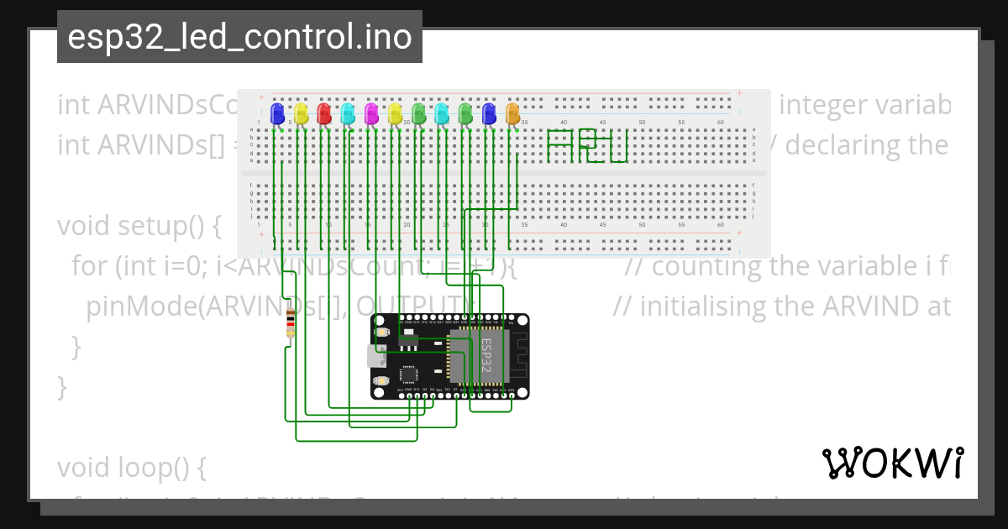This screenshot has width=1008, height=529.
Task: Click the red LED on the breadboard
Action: tap(324, 113)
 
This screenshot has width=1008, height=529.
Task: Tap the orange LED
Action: tap(513, 113)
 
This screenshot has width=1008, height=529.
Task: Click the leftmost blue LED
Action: tap(277, 113)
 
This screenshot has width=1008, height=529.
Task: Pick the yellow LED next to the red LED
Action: tap(302, 113)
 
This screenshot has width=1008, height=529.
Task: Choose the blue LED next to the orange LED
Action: tap(490, 113)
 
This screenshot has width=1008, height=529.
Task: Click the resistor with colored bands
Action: tap(291, 322)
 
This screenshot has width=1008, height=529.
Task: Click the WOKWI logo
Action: tap(892, 463)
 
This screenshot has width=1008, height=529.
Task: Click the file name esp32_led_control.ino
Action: tap(239, 37)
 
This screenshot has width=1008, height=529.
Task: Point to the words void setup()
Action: tap(139, 227)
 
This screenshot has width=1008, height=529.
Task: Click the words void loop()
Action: tap(131, 466)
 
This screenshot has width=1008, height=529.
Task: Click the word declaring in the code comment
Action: tap(863, 146)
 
